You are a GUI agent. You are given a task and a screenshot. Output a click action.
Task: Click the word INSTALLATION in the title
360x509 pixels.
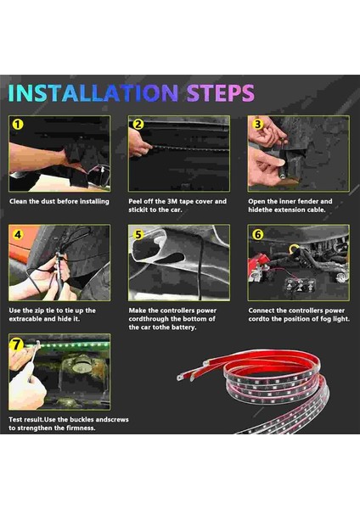(x=93, y=93)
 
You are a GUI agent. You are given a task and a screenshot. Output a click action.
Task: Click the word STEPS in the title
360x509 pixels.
(x=220, y=93)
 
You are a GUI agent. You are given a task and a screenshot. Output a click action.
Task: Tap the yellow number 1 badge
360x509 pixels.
(x=18, y=125)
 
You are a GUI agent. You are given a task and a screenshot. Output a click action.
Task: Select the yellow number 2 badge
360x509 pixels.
(x=138, y=124)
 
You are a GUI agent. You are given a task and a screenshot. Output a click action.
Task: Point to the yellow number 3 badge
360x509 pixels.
(x=257, y=124)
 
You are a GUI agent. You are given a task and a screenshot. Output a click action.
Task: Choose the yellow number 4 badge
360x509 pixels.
(x=18, y=234)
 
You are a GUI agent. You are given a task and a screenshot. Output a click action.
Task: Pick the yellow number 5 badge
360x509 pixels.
(x=138, y=234)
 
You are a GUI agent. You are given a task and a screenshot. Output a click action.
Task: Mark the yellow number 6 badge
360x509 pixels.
(x=257, y=234)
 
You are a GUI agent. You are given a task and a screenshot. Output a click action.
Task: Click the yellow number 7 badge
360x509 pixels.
(x=17, y=344)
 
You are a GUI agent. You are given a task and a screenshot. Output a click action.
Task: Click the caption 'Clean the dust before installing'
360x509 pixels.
(x=59, y=201)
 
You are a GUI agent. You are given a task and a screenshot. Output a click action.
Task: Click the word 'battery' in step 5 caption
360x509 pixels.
(x=184, y=327)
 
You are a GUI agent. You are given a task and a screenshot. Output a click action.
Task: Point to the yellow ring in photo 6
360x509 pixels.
(x=295, y=249)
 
